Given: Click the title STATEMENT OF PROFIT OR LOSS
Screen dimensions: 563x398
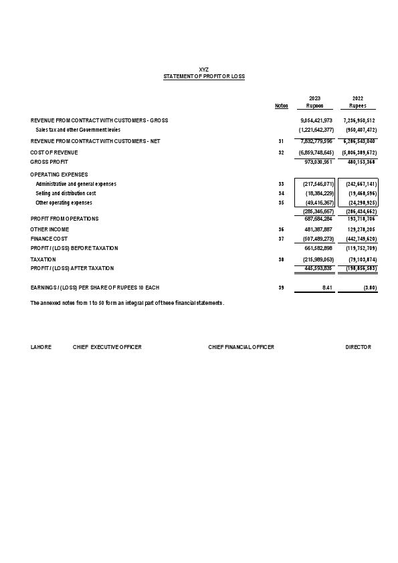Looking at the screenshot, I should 204,77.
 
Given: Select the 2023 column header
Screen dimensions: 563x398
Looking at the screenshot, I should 314,98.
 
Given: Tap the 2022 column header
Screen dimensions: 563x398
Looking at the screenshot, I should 357,98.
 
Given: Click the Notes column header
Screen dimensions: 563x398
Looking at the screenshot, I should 282,106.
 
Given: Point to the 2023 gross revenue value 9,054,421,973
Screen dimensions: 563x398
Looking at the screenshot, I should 316,120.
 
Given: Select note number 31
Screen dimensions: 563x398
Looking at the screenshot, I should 281,142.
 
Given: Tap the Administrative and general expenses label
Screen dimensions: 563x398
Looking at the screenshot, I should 76,184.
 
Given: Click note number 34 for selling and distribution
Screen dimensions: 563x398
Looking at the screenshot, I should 281,193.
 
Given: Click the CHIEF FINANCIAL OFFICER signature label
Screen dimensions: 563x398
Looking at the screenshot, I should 241,348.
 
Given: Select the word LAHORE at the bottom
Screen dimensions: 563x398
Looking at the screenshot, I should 41,348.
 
